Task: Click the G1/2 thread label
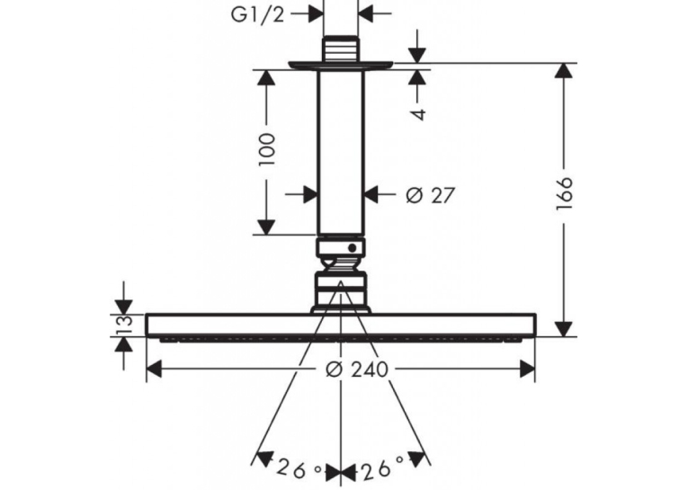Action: pyautogui.click(x=257, y=14)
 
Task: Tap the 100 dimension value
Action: pyautogui.click(x=267, y=149)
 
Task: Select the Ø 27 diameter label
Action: pyautogui.click(x=430, y=195)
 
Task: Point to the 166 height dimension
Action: pyautogui.click(x=564, y=193)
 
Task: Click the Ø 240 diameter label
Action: pyautogui.click(x=357, y=370)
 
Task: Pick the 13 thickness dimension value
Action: pyautogui.click(x=125, y=325)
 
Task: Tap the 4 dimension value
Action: pyautogui.click(x=419, y=114)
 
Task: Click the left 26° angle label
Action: pyautogui.click(x=300, y=470)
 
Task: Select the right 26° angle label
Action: pyautogui.click(x=381, y=467)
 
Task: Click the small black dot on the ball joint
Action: pyautogui.click(x=353, y=248)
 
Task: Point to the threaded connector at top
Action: pyautogui.click(x=341, y=49)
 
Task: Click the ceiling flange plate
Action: pyautogui.click(x=341, y=66)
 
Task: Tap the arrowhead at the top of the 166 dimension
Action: pyautogui.click(x=564, y=71)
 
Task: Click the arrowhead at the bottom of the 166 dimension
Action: pyautogui.click(x=564, y=329)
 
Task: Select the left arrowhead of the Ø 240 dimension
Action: pyautogui.click(x=154, y=370)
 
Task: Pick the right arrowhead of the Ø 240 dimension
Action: pyautogui.click(x=527, y=370)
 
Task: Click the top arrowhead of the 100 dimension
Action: pyautogui.click(x=266, y=77)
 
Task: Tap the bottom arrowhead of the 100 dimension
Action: pyautogui.click(x=266, y=227)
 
